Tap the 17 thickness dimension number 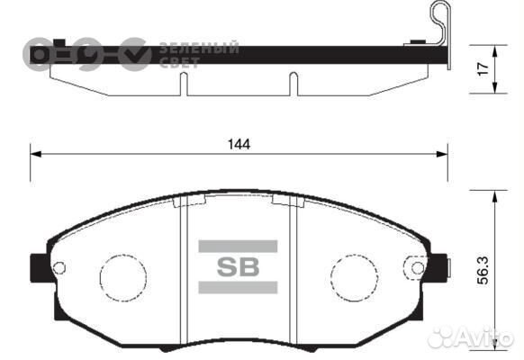click(483, 67)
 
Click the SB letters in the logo click(238, 266)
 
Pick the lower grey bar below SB click(238, 288)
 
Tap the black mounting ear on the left click(39, 267)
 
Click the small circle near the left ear click(59, 266)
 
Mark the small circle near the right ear click(416, 266)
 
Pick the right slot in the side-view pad click(292, 84)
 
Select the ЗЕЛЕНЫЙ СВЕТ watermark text click(198, 53)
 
